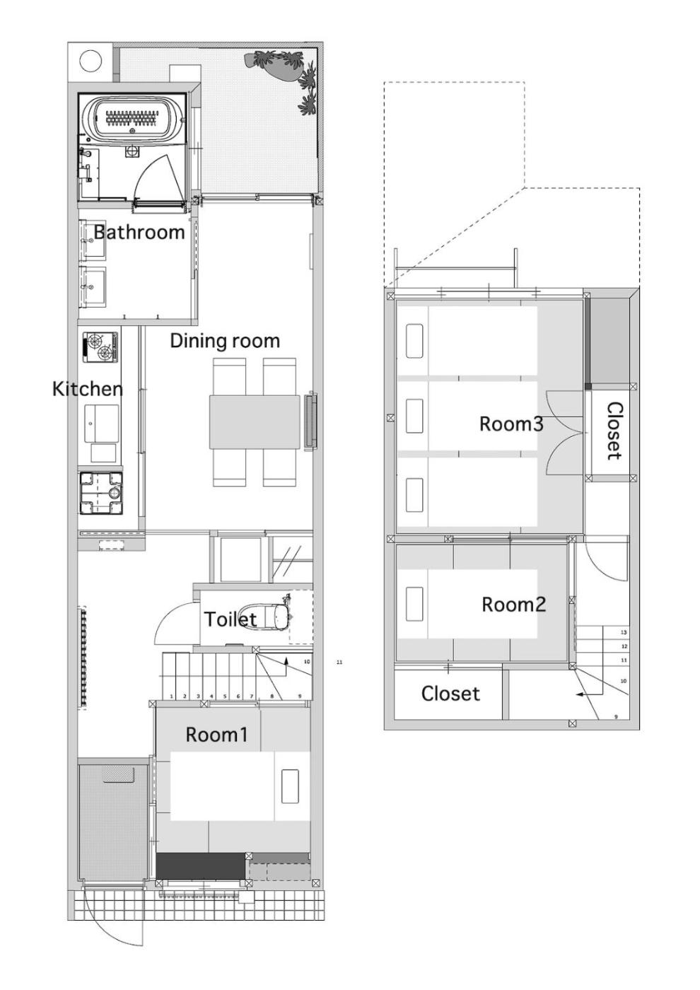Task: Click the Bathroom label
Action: click(139, 232)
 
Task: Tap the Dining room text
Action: click(225, 341)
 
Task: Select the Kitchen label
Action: click(88, 389)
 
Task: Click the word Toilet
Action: click(231, 619)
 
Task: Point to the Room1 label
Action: click(216, 735)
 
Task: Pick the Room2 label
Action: click(513, 604)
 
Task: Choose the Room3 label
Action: click(511, 424)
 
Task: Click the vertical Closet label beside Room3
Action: click(614, 431)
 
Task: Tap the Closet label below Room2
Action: click(450, 694)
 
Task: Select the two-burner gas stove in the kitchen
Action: click(100, 346)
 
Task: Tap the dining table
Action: click(255, 422)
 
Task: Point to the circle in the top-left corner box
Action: click(91, 61)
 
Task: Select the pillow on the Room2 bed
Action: click(414, 604)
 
